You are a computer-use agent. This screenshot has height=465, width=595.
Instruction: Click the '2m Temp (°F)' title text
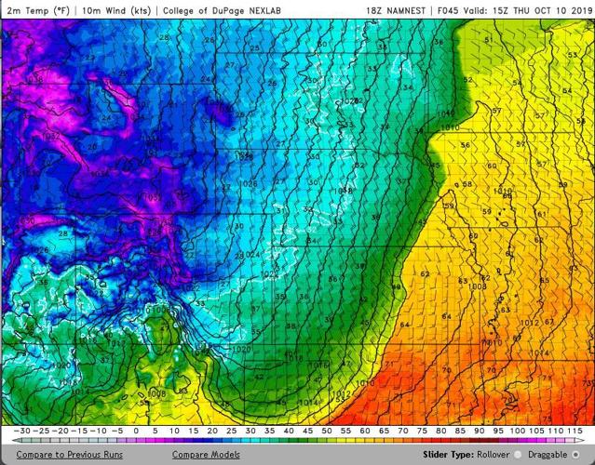pos(37,10)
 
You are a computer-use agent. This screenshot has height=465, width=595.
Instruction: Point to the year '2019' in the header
pos(580,10)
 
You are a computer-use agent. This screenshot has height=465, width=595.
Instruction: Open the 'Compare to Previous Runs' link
pos(69,455)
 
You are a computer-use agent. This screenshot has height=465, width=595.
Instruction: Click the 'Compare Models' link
pos(206,455)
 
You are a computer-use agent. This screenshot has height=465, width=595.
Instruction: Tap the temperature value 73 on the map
pos(587,382)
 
